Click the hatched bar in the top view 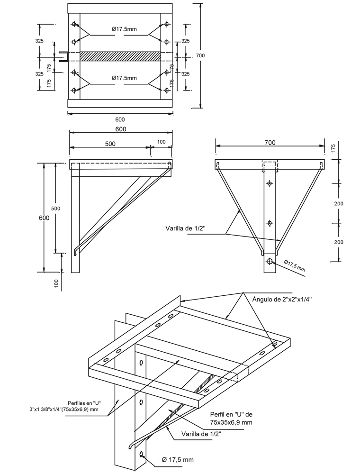pos(120,56)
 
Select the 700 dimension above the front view pos(270,142)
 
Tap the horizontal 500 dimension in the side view pos(110,143)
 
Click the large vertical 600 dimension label pos(44,218)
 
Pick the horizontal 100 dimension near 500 pos(162,142)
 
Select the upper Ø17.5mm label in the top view pos(124,29)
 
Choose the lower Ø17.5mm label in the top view pos(124,78)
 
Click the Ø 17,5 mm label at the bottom pos(178,460)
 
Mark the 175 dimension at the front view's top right pos(333,147)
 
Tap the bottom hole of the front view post pos(270,261)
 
